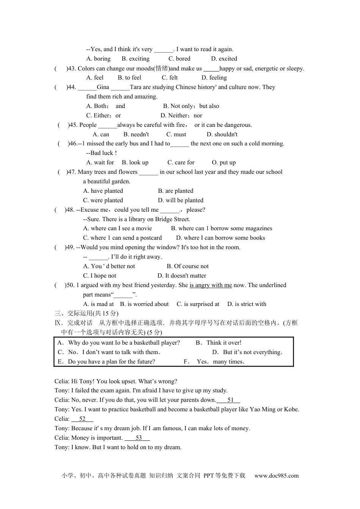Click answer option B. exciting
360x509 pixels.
[135, 59]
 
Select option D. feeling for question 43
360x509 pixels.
[214, 78]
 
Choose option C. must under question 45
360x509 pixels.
[176, 134]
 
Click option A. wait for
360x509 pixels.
[100, 162]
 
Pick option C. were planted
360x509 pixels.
[103, 200]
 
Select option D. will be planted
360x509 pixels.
[180, 200]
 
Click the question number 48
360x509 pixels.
[70, 210]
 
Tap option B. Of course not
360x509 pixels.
[188, 266]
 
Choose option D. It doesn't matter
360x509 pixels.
[182, 276]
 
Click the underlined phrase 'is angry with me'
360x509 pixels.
[211, 285]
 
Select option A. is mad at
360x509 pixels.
[99, 304]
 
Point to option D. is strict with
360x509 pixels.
[247, 304]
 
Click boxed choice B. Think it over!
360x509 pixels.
[218, 343]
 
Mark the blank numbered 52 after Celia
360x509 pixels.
[82, 419]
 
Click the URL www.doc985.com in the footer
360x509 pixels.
[276, 476]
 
